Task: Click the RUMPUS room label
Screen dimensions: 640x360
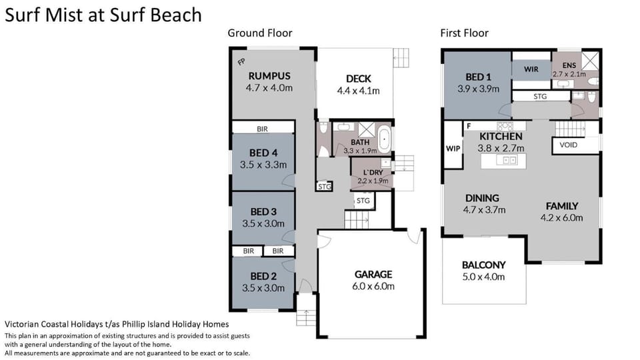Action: pos(269,76)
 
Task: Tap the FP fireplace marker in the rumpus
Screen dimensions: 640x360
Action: pos(241,61)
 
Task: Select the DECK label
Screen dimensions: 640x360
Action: pos(359,79)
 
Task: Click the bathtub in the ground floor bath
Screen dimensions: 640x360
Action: pos(384,139)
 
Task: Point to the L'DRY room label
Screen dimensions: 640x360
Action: pos(373,173)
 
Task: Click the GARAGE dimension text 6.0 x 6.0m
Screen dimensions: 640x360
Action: pos(373,286)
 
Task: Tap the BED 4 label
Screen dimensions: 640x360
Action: pos(263,153)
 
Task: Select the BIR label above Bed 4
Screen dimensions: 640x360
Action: pos(263,129)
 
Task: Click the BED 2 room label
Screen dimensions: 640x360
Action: pos(263,276)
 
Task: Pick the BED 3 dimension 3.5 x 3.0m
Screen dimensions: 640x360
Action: pos(263,224)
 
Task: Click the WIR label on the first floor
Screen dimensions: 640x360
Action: pos(531,69)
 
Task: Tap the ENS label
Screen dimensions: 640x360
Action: pos(569,65)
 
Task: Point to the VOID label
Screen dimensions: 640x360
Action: pos(568,145)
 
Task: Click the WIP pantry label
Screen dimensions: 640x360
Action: pos(453,149)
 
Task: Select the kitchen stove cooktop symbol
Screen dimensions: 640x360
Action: pos(505,126)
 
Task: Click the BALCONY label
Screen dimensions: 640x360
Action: pos(484,265)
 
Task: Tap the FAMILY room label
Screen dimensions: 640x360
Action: pos(561,206)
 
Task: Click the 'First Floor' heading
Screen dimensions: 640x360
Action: pos(464,33)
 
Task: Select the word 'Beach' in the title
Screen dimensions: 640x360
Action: pos(176,15)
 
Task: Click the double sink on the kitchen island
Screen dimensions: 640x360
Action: pos(506,161)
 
